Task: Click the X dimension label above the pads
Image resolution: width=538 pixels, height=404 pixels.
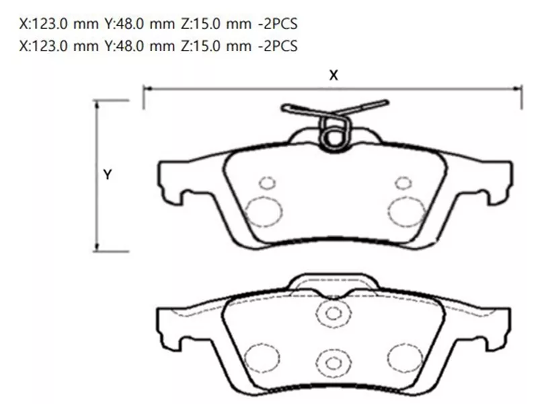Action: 333,75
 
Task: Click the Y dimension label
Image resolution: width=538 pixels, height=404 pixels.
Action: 107,174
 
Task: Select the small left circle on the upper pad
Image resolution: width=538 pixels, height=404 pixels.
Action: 268,183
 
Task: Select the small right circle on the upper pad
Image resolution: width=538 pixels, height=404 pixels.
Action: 403,182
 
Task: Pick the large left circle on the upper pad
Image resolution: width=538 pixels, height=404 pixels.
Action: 263,212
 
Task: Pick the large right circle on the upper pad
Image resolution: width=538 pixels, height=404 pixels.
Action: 406,212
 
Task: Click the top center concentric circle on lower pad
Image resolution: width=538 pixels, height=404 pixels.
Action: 332,312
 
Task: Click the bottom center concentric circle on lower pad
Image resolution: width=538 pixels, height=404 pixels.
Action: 332,363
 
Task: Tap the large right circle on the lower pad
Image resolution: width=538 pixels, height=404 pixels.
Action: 405,356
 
